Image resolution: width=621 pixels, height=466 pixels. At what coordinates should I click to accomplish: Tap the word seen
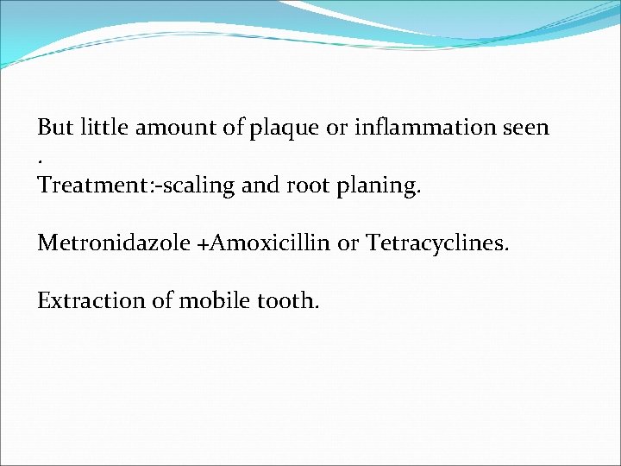524,129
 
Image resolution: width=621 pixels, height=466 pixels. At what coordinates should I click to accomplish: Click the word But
55,128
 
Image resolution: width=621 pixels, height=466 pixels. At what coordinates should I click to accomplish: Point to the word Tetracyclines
437,244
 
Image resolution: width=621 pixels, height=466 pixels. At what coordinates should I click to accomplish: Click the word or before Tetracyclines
348,244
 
